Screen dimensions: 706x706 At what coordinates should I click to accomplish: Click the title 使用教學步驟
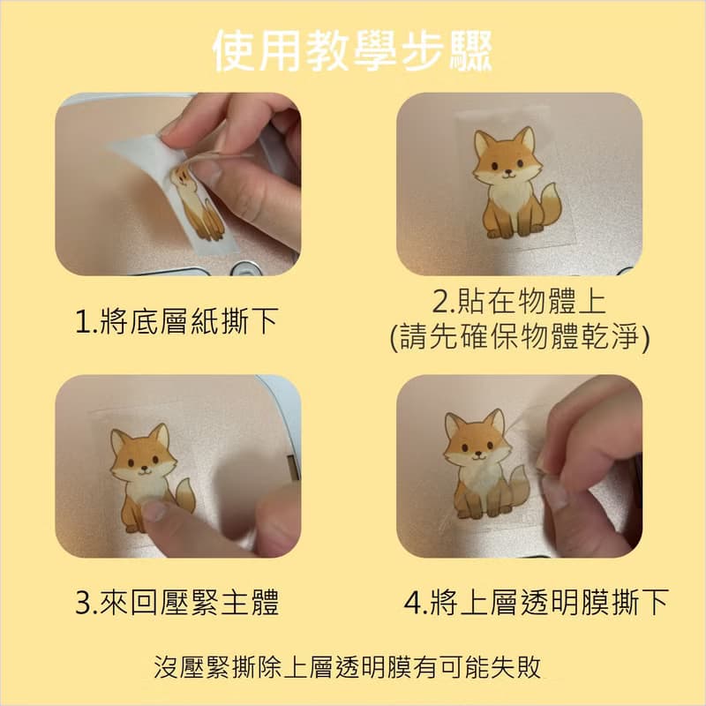[352, 50]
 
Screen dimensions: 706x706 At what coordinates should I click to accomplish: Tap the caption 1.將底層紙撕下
[176, 321]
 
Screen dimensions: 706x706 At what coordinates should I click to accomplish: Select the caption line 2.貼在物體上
[519, 301]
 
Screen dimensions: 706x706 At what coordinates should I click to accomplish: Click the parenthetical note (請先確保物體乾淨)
[520, 337]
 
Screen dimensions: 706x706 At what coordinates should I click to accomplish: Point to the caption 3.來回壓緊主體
[177, 602]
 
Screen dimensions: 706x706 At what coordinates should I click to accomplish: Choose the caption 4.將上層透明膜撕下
[536, 602]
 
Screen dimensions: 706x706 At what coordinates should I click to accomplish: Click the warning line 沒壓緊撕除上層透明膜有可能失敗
[347, 667]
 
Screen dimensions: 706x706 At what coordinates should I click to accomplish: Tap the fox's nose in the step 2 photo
[508, 171]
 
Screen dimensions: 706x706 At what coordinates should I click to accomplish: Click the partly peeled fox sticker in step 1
[197, 203]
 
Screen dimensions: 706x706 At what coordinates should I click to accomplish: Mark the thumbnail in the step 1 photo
[207, 170]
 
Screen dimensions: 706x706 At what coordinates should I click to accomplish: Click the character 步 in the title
[422, 51]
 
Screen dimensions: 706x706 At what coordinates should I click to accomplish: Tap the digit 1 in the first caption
[83, 322]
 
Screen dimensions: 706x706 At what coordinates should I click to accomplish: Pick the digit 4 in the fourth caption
[412, 603]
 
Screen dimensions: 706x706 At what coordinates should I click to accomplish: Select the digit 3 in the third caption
[83, 603]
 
